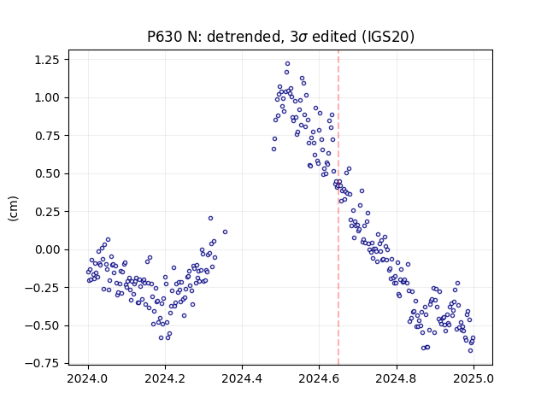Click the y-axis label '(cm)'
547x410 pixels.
tap(14, 208)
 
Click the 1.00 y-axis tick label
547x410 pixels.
tap(47, 97)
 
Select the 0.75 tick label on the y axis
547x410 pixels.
tap(47, 136)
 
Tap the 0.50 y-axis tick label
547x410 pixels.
tap(47, 173)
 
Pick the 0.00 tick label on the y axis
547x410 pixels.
tap(47, 249)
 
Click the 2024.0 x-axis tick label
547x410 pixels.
tap(88, 378)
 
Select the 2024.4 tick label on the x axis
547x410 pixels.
tap(242, 378)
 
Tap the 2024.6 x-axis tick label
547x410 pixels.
tap(319, 378)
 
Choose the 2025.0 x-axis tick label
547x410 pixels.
tap(473, 378)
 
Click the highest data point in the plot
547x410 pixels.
tap(287, 64)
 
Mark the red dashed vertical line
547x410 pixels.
tap(338, 207)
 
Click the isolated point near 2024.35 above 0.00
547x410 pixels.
tap(225, 231)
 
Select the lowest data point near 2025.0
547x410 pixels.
tap(470, 351)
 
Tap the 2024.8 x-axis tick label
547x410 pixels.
tap(397, 378)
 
